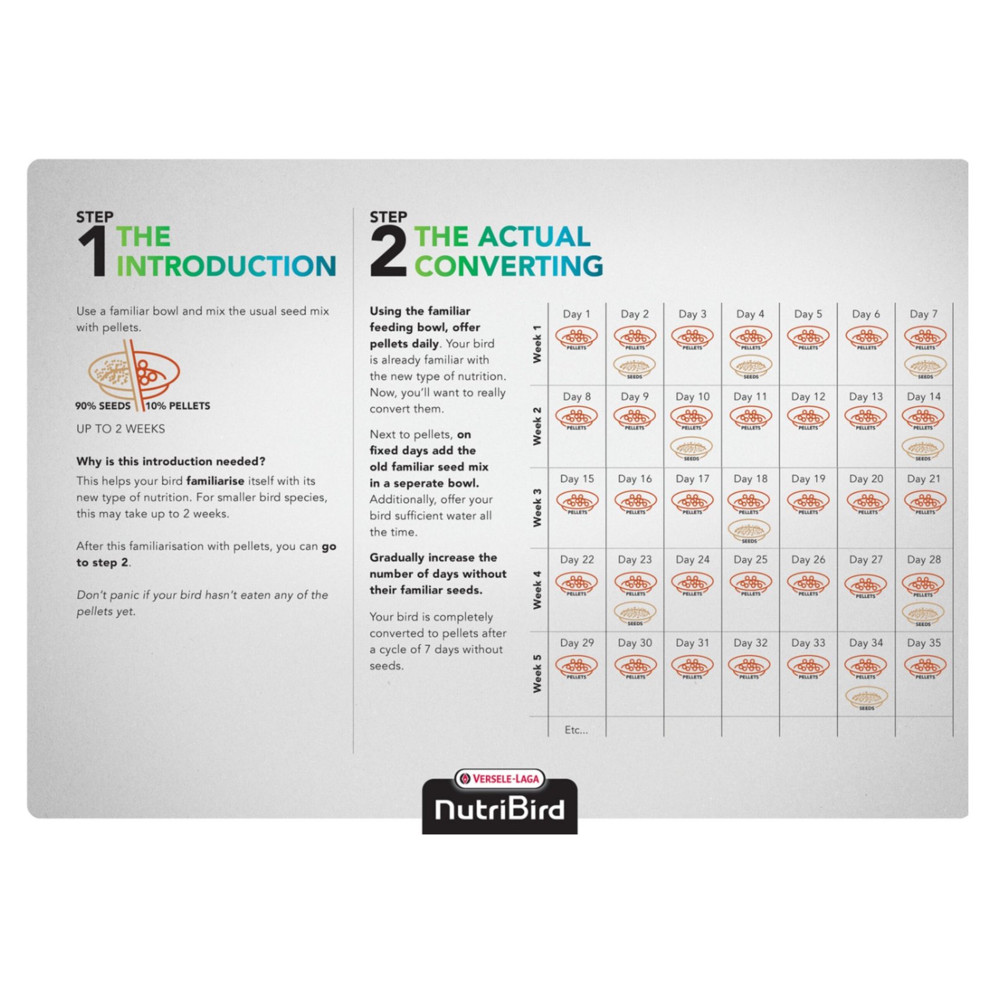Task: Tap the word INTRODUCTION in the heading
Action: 226,266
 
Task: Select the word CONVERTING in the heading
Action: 508,266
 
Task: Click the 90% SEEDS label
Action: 103,406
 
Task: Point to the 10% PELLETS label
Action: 178,406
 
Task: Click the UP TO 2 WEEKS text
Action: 120,429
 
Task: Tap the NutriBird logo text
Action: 500,809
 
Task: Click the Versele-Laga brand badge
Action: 500,778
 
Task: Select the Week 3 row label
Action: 537,508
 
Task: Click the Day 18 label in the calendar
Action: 750,479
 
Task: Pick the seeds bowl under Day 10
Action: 692,447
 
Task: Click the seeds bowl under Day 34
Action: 866,697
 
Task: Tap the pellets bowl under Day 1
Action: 577,338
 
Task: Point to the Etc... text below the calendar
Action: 576,730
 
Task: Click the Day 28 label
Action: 923,559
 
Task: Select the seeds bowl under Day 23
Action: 634,613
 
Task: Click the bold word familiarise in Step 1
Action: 215,481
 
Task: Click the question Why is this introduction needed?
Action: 171,461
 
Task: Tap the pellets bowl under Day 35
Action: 925,667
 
